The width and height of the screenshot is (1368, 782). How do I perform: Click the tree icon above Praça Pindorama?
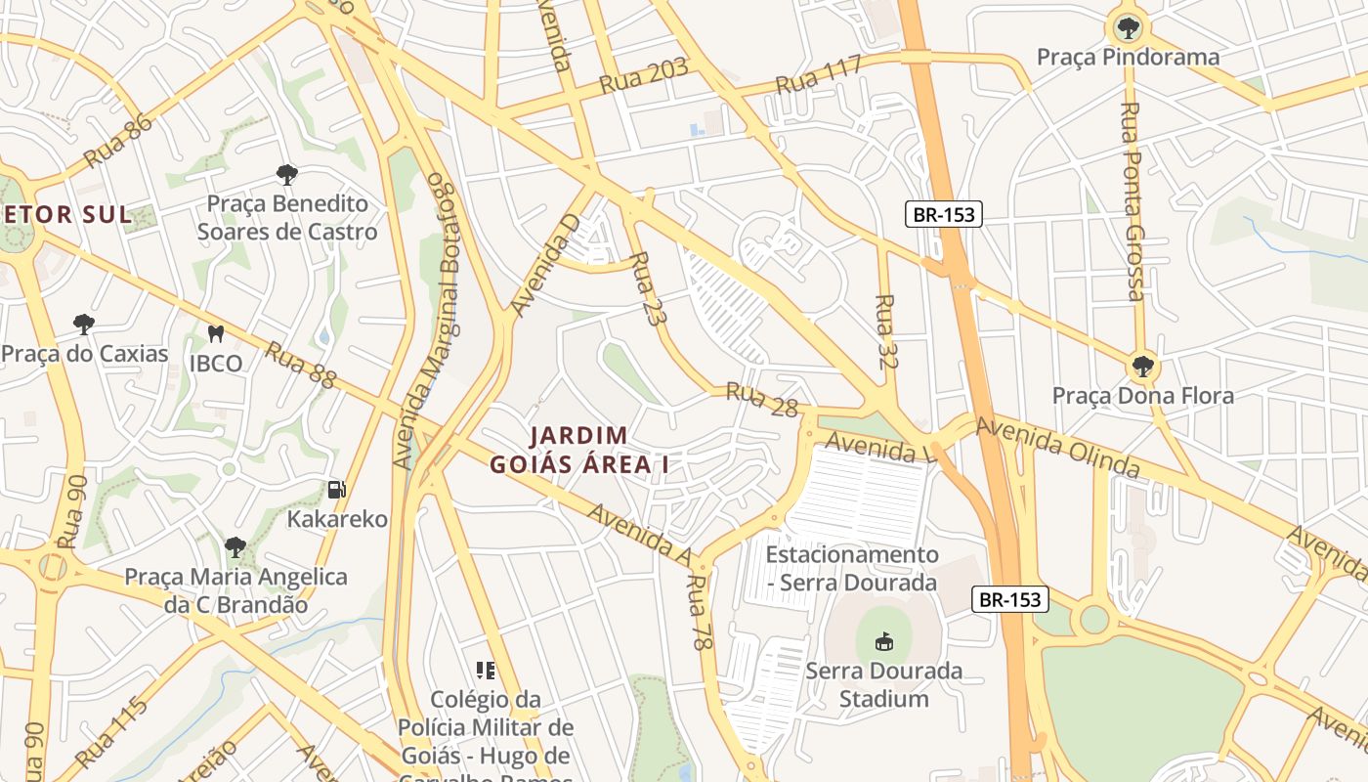tap(1129, 27)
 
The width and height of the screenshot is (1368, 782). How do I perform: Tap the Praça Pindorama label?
tap(1128, 58)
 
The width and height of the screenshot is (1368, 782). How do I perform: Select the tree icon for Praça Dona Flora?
tap(1141, 368)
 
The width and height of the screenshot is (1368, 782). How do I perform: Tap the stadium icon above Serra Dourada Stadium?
tap(883, 641)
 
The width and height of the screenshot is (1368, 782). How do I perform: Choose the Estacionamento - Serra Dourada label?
tap(851, 568)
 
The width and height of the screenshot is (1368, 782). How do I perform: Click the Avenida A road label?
tap(640, 533)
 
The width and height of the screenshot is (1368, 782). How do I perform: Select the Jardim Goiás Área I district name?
tap(579, 450)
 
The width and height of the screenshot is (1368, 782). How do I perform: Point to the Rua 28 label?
tap(762, 400)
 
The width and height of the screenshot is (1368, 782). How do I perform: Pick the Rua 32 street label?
tap(886, 331)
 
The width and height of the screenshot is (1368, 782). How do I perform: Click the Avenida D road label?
tap(545, 266)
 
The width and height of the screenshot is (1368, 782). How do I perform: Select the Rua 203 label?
tap(643, 76)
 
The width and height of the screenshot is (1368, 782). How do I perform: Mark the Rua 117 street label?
tap(818, 74)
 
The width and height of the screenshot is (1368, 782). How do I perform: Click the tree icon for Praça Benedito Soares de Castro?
tap(286, 175)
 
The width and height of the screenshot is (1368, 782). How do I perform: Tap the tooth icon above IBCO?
tap(216, 333)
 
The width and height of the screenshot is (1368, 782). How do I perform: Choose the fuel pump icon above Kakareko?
tap(337, 489)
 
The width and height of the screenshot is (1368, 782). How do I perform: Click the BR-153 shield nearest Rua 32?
tap(943, 214)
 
